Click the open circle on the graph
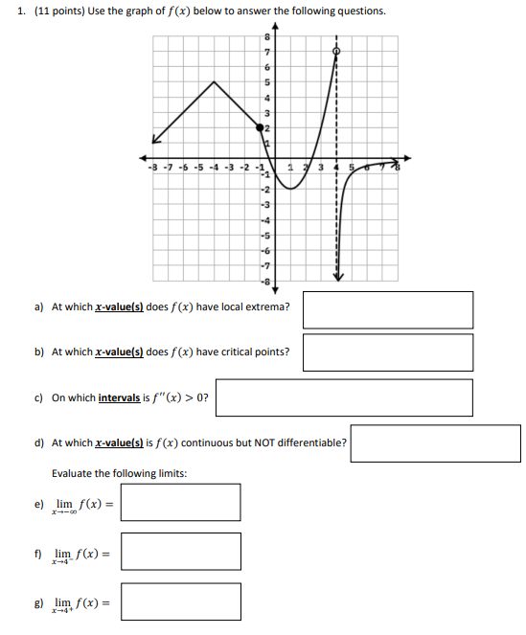(336, 51)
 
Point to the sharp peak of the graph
(213, 81)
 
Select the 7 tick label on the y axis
(267, 51)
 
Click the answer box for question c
(344, 397)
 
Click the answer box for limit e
(180, 502)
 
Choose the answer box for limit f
(180, 552)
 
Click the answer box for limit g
(180, 601)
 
